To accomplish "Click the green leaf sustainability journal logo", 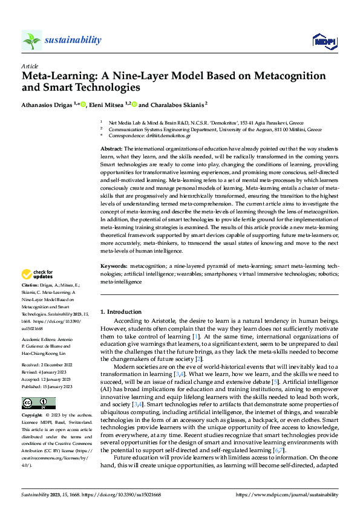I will click(31, 41).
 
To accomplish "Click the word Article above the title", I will click(29, 66).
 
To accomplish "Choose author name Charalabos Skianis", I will click(177, 104).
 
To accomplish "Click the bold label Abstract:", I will click(111, 149).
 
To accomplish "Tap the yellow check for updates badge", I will click(37, 275).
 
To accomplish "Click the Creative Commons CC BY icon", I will click(38, 403).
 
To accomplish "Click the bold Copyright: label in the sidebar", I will click(32, 416).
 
